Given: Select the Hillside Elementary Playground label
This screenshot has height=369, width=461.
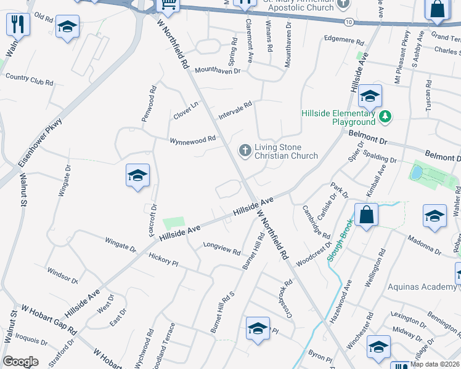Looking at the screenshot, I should click(338, 117).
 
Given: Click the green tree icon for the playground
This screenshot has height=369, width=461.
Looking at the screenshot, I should click(385, 115).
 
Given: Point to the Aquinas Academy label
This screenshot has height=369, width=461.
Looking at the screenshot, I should click(422, 287).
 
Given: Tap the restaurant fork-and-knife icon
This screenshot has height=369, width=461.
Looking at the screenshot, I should click(18, 25).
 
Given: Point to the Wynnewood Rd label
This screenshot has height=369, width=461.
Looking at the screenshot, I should click(193, 140).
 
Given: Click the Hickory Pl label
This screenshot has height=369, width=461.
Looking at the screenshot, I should click(163, 258).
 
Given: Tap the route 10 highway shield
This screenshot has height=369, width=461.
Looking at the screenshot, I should click(349, 22).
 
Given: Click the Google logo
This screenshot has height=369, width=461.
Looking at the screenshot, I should click(20, 361).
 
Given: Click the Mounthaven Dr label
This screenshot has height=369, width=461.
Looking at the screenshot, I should click(217, 71).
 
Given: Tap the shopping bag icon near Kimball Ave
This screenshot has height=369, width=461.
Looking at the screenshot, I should click(366, 215).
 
